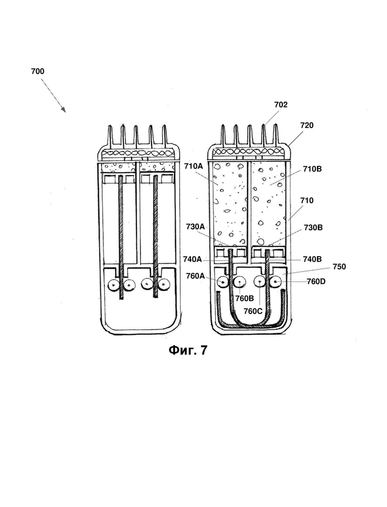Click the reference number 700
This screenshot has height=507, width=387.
38,72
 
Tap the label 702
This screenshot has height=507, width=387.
281,105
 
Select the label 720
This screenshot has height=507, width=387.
307,126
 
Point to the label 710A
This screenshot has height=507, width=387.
193,166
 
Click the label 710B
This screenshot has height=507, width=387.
313,169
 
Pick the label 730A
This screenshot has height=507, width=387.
195,226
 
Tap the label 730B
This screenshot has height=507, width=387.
313,228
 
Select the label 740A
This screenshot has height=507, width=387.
192,259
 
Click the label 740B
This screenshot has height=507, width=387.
312,259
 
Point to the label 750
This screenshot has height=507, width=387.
339,267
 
